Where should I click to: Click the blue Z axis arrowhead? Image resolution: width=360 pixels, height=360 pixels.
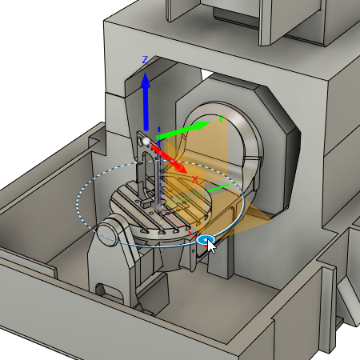point(145,82)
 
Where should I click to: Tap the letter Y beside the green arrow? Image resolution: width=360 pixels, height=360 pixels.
point(222,118)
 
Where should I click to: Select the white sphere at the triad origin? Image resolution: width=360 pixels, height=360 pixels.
point(146,142)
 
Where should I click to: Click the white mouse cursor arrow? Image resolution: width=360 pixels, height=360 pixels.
point(212,245)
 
